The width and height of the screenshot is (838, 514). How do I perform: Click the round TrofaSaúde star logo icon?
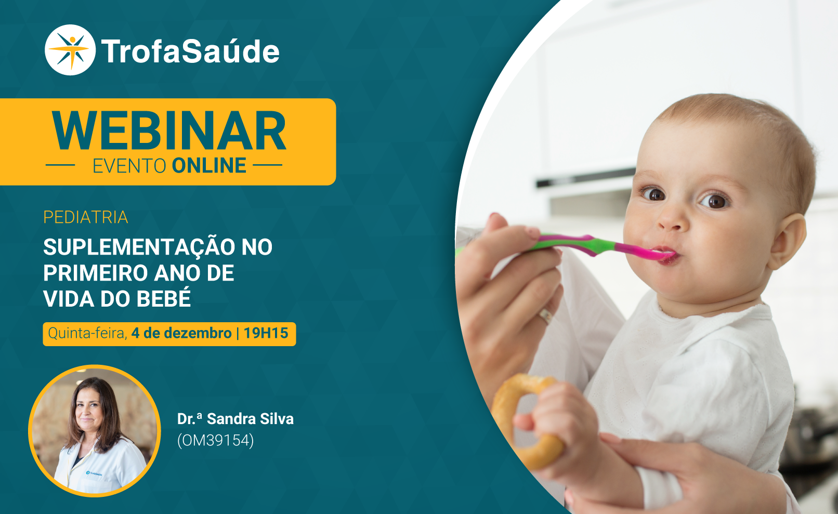pos(70,50)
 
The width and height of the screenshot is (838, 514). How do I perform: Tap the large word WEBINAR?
pos(169,131)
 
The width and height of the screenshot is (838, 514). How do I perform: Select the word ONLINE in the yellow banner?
pos(209,166)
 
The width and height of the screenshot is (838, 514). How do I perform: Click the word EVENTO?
pos(129,166)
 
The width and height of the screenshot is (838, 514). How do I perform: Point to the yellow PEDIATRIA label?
pos(86,217)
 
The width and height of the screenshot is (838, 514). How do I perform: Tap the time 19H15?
pos(266,333)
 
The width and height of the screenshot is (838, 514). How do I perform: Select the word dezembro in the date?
pos(198,333)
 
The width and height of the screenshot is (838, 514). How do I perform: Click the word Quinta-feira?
pos(87,333)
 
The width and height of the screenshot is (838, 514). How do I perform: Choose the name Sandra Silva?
pos(250,419)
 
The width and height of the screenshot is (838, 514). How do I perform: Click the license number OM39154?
pos(216,440)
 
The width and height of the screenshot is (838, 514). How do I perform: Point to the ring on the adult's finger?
pos(545,316)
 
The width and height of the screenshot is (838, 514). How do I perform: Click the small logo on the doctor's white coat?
pos(94,473)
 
